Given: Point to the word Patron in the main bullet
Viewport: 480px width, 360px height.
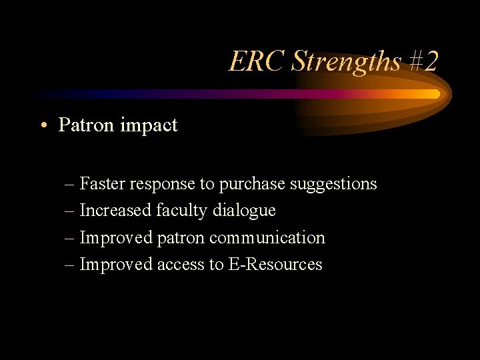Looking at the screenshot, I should click(84, 125).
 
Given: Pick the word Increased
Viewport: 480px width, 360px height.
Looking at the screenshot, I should click(115, 211).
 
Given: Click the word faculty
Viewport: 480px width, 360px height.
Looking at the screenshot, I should click(182, 211).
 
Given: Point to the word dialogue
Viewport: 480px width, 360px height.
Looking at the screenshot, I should click(244, 211).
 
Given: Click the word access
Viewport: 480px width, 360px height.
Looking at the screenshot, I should click(181, 265).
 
